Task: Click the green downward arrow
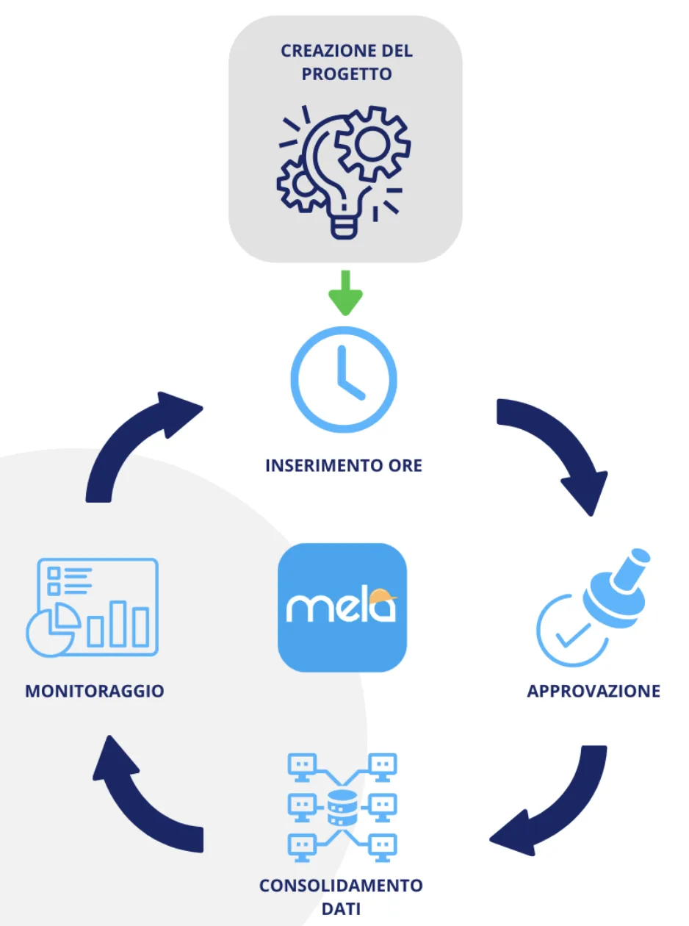344,292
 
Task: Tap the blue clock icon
344,379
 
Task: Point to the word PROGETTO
345,74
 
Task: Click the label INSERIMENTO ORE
344,465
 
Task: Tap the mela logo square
342,607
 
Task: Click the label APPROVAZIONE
594,691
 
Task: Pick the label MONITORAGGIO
94,691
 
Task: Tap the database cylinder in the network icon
340,808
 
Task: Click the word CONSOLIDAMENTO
341,885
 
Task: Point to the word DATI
341,908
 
